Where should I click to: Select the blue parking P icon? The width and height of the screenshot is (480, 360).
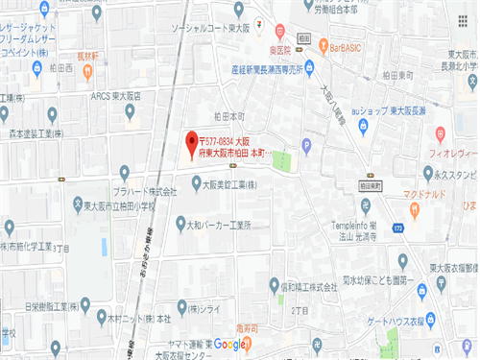click(306, 147)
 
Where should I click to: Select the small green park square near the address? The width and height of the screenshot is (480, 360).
click(280, 160)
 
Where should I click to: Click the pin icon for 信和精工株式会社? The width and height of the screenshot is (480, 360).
click(261, 286)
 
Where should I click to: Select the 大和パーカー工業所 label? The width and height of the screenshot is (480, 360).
click(218, 225)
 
